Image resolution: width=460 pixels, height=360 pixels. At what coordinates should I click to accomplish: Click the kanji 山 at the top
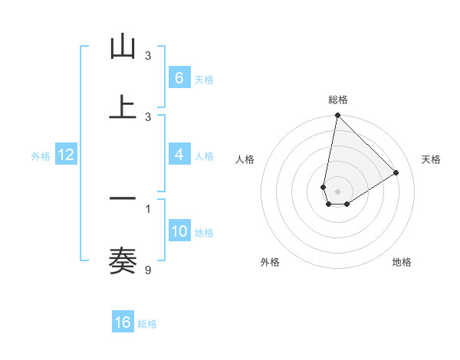pos(123,48)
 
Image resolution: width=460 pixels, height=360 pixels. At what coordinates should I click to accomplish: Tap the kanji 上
pos(123,106)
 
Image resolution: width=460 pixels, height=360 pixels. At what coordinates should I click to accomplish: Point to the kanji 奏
pos(123,260)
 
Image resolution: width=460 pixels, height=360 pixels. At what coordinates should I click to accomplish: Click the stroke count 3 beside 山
pos(148,56)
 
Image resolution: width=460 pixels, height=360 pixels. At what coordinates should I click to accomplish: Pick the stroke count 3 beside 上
pos(148,117)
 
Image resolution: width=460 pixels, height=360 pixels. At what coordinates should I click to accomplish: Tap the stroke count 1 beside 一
pos(148,208)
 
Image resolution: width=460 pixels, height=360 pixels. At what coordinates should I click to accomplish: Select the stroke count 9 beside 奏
pos(148,269)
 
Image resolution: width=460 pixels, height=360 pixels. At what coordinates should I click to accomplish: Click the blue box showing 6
pos(179,78)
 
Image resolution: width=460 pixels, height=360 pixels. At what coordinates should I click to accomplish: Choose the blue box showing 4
pos(179,155)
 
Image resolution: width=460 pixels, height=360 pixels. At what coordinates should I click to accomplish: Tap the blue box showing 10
pos(179,231)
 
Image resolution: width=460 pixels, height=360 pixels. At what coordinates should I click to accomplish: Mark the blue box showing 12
pos(66,155)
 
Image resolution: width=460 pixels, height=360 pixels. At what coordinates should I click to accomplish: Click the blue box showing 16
pos(123,322)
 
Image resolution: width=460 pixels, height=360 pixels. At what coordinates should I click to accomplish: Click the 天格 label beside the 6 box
pos(204,80)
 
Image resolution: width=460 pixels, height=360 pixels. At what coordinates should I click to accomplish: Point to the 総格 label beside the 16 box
pos(147,324)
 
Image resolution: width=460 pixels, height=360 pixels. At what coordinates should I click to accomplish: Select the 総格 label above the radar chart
pos(338,100)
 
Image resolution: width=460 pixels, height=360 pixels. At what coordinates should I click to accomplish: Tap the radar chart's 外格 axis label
pos(270,262)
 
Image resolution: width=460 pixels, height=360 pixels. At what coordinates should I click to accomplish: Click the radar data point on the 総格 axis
pos(337,116)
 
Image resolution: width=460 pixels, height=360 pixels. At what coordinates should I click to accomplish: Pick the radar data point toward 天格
pos(396,173)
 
